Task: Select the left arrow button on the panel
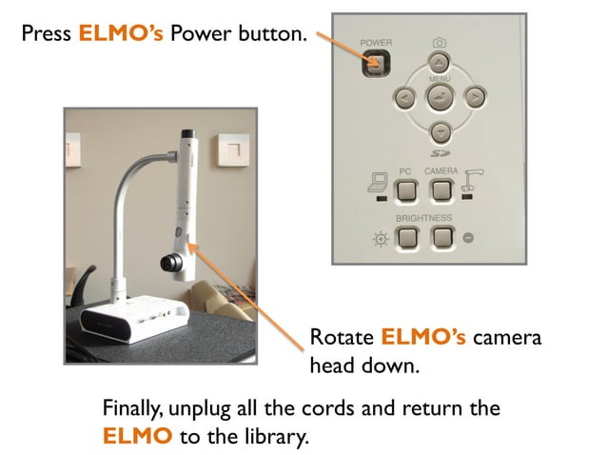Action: [404, 97]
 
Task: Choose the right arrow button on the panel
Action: [474, 97]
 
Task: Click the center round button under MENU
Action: [440, 97]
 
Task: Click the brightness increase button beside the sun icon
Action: [406, 237]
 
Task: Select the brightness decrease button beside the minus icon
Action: [441, 237]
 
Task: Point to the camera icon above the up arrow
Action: [440, 42]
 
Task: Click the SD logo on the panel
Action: [440, 151]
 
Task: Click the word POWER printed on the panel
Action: [376, 43]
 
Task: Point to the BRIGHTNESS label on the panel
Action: [424, 218]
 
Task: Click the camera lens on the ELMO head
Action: [171, 261]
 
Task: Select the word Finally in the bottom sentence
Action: [132, 410]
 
